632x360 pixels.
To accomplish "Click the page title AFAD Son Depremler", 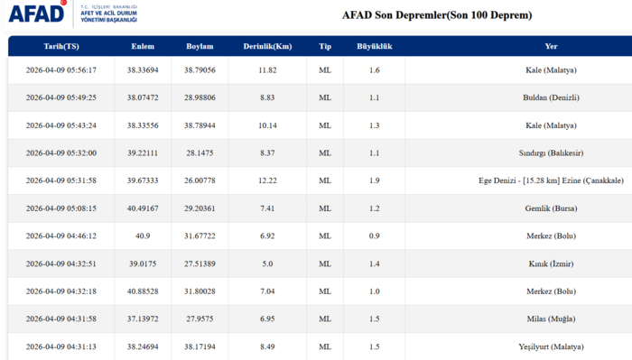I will tap(437, 15).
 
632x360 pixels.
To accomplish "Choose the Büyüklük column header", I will tap(374, 46).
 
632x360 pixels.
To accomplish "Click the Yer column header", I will tap(551, 46).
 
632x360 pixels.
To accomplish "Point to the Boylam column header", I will tap(200, 46).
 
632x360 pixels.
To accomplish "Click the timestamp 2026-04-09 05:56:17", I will tap(61, 70).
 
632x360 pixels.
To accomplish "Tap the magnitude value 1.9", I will tap(374, 180).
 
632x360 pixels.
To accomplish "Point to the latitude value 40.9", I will tap(143, 235).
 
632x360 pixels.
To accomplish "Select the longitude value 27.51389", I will tap(200, 263).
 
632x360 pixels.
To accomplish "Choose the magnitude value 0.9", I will tap(374, 235).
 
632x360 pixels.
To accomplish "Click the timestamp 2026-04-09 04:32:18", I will tap(61, 291).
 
